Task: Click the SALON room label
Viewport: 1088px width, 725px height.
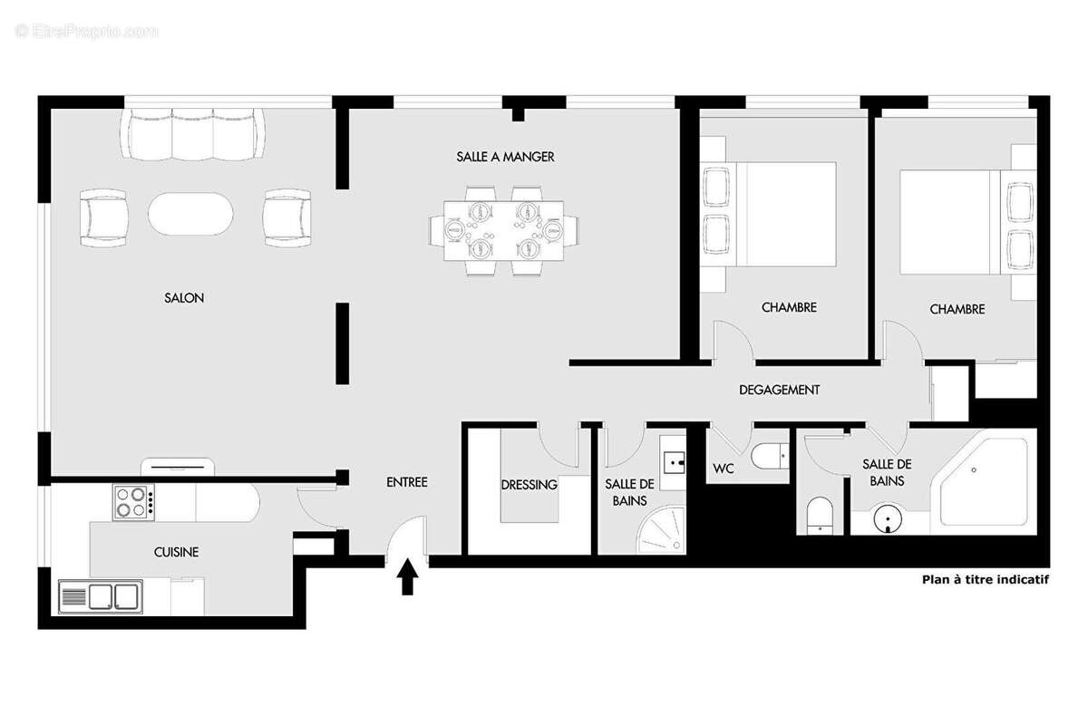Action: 184,297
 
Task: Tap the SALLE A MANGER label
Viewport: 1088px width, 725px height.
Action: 505,157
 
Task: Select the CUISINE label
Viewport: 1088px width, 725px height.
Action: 176,551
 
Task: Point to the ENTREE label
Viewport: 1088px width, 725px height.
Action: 406,482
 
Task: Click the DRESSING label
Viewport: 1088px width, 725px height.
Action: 529,484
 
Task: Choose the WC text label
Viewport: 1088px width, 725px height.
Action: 724,469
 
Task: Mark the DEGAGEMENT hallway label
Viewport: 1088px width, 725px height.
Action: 780,390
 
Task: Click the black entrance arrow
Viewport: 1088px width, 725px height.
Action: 407,576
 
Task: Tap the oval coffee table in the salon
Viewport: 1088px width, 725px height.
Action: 190,214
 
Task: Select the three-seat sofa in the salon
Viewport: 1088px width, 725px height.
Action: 192,133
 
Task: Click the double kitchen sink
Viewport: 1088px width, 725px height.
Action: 100,596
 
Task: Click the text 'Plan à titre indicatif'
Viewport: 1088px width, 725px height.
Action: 985,581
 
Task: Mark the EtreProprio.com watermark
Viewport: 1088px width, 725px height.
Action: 87,31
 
